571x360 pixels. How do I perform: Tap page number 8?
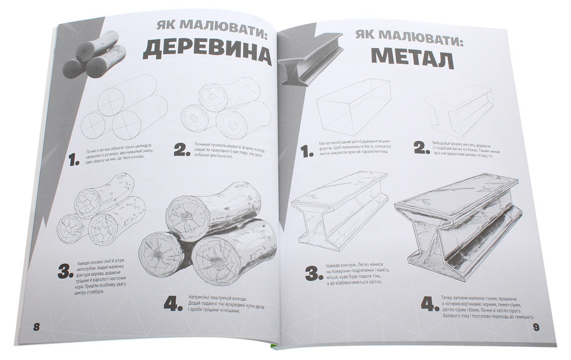pos(37,327)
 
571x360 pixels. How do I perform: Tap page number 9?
pos(537,328)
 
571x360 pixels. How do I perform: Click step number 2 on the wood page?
pos(183,149)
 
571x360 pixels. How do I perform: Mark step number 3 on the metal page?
pos(315,274)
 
